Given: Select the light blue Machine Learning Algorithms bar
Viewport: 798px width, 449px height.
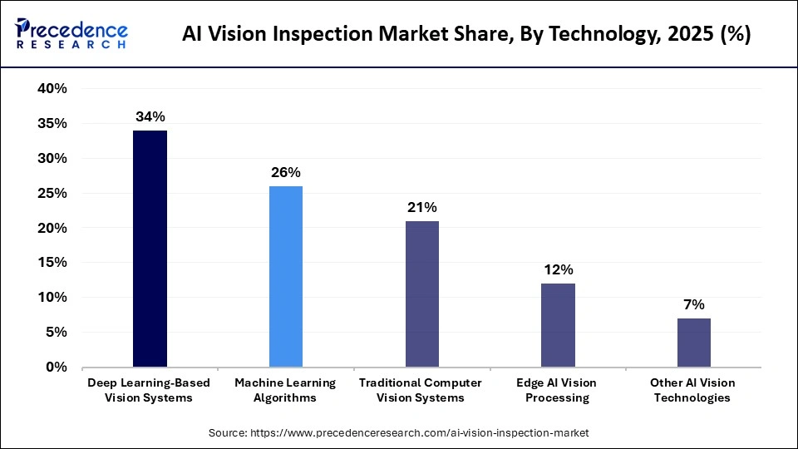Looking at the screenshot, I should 285,276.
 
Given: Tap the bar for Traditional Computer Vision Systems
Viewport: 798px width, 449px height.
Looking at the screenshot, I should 421,294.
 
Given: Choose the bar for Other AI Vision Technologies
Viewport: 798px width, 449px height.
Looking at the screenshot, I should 693,342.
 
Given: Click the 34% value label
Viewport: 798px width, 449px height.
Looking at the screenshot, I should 150,116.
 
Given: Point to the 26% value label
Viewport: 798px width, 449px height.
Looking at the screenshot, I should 285,172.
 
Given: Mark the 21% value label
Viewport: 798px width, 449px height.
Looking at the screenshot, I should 421,207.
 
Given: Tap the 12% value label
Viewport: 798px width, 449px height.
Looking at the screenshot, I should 558,269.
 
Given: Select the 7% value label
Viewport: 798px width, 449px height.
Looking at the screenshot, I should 693,304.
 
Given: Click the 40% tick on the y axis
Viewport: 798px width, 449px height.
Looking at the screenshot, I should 52,89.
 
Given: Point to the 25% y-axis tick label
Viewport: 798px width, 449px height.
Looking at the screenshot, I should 52,193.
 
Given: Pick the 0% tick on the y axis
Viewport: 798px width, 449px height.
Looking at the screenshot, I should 56,367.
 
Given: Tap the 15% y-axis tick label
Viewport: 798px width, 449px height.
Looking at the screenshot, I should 52,263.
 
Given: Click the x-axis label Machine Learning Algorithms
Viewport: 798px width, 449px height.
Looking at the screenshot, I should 285,390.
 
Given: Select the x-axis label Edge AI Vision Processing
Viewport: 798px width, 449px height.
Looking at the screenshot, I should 558,390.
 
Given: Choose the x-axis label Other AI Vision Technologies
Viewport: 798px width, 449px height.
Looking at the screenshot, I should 693,390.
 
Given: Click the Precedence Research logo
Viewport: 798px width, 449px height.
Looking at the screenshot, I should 71,36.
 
